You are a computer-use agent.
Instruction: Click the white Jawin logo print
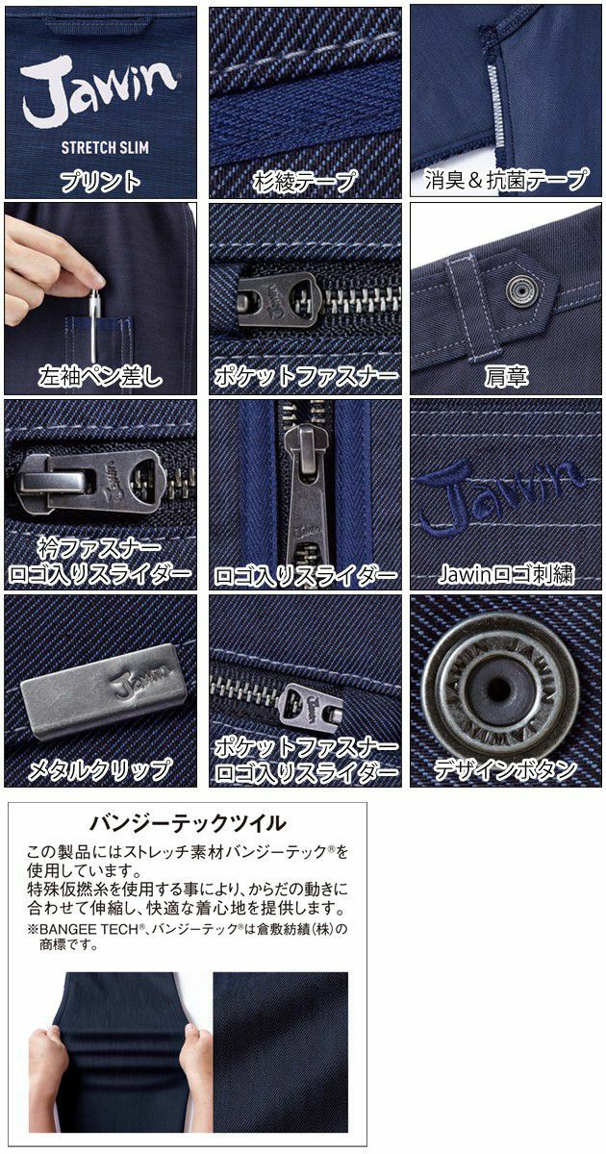click(100, 92)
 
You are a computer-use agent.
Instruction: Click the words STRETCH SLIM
click(100, 147)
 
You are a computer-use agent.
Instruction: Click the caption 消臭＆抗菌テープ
click(507, 180)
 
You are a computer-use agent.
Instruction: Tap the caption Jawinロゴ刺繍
click(506, 575)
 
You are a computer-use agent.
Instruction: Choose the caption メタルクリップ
click(100, 769)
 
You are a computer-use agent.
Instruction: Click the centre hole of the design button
click(499, 688)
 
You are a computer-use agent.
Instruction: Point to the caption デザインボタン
click(506, 769)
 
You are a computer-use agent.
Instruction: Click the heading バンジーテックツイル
click(187, 822)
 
